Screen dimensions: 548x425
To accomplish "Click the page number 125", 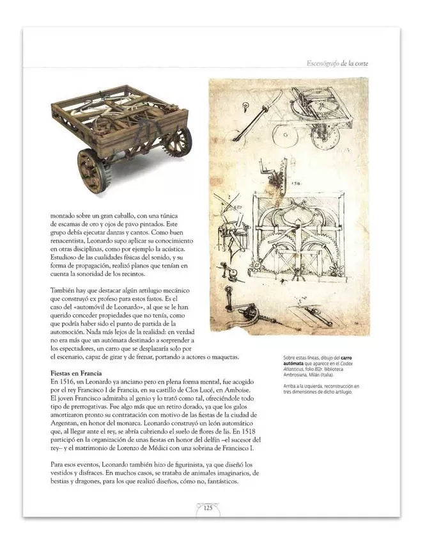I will tap(208, 508).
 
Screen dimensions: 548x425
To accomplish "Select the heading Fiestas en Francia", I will tap(82, 373).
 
